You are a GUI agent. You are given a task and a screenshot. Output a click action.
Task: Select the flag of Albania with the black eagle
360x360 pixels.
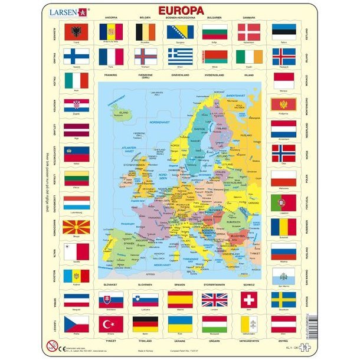77,31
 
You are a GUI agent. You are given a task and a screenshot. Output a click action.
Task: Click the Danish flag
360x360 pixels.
249,31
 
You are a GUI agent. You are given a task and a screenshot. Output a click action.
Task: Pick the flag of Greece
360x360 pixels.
180,56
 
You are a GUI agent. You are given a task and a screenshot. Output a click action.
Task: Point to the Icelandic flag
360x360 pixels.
284,56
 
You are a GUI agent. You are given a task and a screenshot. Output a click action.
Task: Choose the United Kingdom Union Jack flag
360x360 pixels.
214,299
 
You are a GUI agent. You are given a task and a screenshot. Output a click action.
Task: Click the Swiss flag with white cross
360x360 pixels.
249,299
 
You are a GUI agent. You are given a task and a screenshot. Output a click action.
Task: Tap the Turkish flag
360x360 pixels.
111,324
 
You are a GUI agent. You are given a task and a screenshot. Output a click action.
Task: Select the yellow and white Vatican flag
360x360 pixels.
249,324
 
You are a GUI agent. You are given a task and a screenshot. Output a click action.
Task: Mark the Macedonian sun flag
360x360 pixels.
77,227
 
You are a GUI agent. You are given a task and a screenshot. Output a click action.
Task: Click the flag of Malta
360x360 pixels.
77,251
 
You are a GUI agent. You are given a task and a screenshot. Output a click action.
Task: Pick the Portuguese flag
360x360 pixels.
284,201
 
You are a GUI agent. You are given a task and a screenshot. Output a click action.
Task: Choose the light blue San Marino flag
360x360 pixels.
284,276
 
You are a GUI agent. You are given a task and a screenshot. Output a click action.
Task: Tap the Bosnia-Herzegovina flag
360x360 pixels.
180,31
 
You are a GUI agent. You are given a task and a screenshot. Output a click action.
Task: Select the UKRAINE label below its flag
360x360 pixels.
179,339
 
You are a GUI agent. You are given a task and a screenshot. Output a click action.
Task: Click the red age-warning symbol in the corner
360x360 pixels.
51,344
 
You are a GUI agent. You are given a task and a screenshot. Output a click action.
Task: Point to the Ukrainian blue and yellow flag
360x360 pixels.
180,324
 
